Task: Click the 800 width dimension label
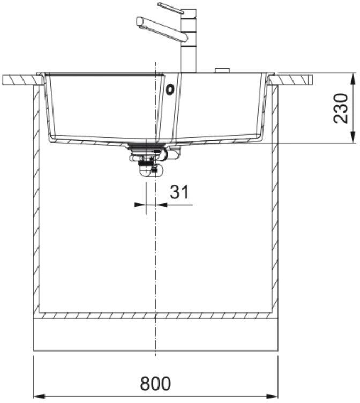tap(155, 384)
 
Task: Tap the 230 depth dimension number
tap(341, 108)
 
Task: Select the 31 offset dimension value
tap(179, 192)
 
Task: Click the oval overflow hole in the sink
tap(170, 89)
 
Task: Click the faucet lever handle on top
tap(170, 8)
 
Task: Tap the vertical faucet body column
tap(189, 41)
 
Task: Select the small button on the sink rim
tap(222, 70)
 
